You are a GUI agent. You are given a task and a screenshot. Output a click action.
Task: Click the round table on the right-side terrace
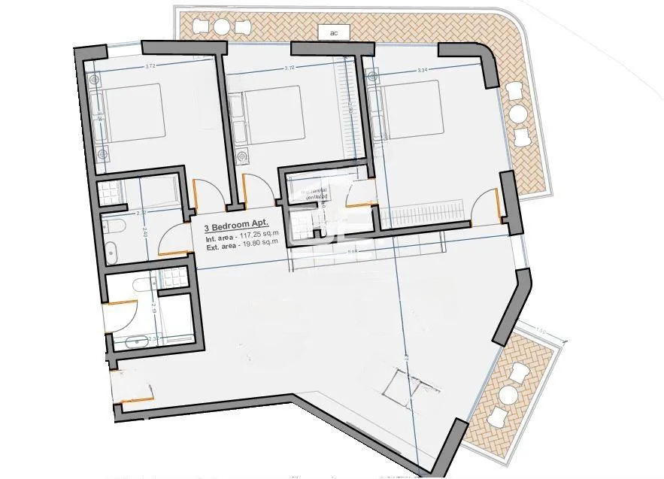point(519,114)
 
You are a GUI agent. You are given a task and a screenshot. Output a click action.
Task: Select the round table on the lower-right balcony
point(508,395)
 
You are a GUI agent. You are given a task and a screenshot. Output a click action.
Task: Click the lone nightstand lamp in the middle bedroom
point(242,156)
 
